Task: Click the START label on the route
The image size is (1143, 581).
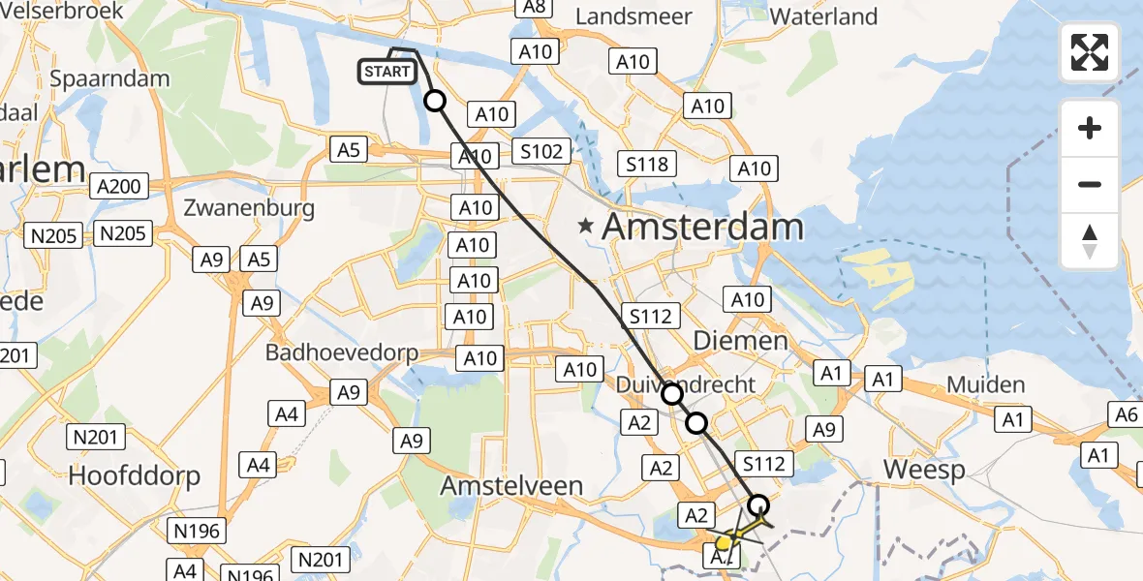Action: click(387, 72)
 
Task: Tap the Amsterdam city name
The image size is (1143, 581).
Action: click(702, 228)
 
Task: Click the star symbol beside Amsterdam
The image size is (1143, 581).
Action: click(585, 227)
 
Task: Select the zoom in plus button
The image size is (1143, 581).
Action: click(1090, 128)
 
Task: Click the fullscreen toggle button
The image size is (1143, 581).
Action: click(1090, 52)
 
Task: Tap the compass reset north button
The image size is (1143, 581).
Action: click(1090, 241)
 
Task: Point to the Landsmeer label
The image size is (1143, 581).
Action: click(633, 16)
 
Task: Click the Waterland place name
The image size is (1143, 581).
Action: click(823, 16)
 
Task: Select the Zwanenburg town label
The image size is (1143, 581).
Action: click(249, 207)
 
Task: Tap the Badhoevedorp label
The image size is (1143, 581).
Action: click(342, 352)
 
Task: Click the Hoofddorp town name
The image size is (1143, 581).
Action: click(134, 475)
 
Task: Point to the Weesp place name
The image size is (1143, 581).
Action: click(924, 471)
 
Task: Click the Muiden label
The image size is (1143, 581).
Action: click(985, 384)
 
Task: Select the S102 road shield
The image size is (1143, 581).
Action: click(541, 152)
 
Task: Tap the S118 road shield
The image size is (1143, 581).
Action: click(646, 164)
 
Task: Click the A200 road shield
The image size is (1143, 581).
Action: click(117, 186)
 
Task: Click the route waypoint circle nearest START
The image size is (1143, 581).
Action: click(435, 101)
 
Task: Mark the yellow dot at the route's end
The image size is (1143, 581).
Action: click(724, 543)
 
